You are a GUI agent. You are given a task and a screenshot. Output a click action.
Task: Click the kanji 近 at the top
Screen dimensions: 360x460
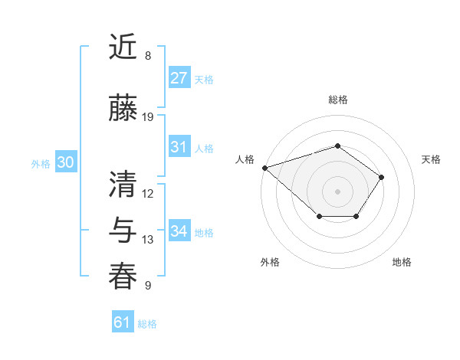point(123,47)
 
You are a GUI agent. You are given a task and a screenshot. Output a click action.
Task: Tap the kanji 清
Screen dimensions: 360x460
point(123,183)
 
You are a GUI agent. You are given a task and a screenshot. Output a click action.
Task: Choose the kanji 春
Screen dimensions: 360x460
point(123,277)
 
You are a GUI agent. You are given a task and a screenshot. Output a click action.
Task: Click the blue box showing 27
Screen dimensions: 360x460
point(179,78)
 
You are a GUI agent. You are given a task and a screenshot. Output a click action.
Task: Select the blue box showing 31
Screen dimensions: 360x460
point(179,147)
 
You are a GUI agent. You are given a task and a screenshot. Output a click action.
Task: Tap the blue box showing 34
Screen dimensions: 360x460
point(179,231)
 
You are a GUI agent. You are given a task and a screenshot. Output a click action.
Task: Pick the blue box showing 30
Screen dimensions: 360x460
point(65,162)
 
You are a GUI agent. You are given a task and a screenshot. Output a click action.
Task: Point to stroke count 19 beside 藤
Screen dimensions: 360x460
point(148,117)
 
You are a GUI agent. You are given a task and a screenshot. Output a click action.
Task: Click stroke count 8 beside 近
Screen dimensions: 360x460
point(148,56)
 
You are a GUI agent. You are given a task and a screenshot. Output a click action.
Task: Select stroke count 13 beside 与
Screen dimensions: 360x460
point(148,240)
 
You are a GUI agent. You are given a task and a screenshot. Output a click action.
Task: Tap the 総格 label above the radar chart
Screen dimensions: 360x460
point(337,100)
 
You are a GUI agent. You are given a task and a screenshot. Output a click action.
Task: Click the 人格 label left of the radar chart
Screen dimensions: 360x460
point(245,159)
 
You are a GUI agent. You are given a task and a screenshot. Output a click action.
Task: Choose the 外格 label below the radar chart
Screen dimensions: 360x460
point(270,262)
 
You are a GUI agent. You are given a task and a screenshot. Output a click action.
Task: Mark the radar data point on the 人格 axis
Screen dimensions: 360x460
point(264,167)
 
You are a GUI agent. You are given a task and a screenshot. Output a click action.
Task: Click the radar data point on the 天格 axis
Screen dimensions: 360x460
point(381,177)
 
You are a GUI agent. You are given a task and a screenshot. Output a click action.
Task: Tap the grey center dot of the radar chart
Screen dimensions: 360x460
point(337,191)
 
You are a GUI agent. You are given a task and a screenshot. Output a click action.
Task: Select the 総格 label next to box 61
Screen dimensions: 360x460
point(147,324)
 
